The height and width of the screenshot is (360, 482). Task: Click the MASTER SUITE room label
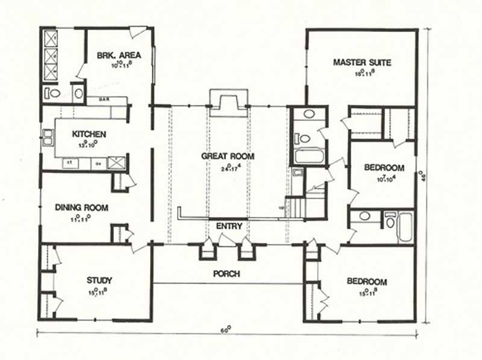362,62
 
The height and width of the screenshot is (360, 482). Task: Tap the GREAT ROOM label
228,156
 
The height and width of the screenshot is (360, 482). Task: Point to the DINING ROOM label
81,208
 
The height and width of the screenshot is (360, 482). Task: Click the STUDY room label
99,280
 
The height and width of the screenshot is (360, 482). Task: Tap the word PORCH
227,274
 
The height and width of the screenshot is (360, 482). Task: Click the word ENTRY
228,227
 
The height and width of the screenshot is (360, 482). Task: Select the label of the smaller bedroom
384,168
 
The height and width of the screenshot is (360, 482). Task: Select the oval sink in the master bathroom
310,113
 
